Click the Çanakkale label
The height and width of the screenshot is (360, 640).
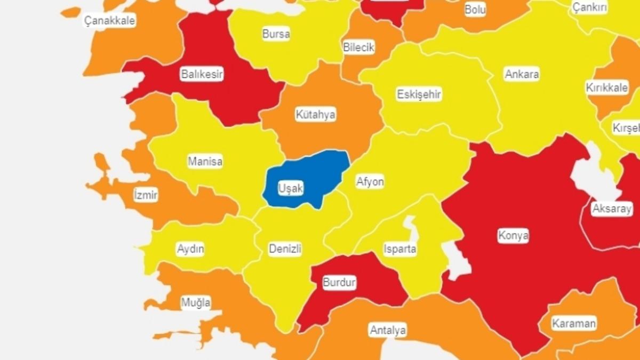point(110,21)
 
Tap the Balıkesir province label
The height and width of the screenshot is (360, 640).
point(202,74)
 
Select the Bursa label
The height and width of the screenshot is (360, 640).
point(276,34)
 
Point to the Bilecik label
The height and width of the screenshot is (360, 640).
point(359,47)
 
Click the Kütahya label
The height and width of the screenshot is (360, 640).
point(315,115)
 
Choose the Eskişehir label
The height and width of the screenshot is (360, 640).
point(419,95)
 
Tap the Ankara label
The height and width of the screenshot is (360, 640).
point(522,74)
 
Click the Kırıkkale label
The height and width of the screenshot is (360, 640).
point(607,87)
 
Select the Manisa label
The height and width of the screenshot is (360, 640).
point(205,161)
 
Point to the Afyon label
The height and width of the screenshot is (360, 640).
point(370,182)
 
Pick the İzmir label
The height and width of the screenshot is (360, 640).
point(146,195)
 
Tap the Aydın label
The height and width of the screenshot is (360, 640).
point(190,249)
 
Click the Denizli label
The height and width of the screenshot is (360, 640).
point(285,249)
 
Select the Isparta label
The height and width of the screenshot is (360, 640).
point(400,249)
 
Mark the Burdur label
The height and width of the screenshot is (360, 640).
point(339,283)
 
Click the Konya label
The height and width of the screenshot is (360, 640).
point(513,235)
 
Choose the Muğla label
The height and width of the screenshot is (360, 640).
point(196,303)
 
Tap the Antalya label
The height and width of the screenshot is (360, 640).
point(388,330)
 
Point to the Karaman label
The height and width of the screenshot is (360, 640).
point(574,323)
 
